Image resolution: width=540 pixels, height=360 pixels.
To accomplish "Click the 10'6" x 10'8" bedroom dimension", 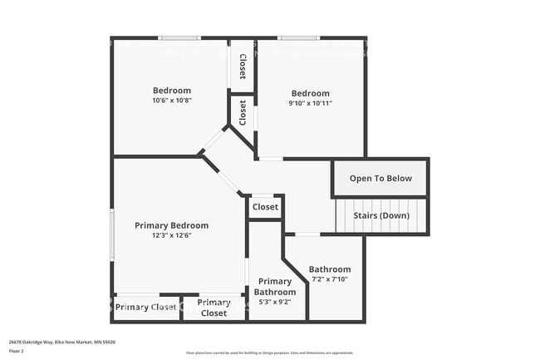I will pyautogui.click(x=171, y=101).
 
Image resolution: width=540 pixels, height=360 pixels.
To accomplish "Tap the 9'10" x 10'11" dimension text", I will pyautogui.click(x=310, y=103).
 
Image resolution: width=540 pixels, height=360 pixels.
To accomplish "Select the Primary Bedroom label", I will pyautogui.click(x=172, y=225).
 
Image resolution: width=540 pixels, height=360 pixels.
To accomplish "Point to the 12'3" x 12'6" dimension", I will pyautogui.click(x=172, y=235).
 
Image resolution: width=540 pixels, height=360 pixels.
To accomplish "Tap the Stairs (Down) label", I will pyautogui.click(x=381, y=216).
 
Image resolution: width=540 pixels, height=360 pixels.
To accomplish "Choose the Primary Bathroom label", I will pyautogui.click(x=275, y=287).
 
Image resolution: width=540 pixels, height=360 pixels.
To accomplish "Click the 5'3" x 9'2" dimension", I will pyautogui.click(x=275, y=302).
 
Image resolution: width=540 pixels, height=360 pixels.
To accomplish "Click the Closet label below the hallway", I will pyautogui.click(x=266, y=207).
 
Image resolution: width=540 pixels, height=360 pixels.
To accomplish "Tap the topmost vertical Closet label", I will pyautogui.click(x=243, y=67).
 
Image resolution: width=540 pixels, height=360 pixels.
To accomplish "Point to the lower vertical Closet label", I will pyautogui.click(x=243, y=112).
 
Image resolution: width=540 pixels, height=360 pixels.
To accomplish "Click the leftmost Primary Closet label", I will pyautogui.click(x=146, y=308).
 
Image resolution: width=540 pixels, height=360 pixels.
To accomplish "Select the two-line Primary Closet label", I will pyautogui.click(x=214, y=308).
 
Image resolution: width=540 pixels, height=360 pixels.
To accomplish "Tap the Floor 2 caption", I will pyautogui.click(x=17, y=353).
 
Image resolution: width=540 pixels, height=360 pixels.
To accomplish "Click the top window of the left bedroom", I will pyautogui.click(x=179, y=37).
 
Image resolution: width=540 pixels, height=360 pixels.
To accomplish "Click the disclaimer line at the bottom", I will pyautogui.click(x=269, y=353).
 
